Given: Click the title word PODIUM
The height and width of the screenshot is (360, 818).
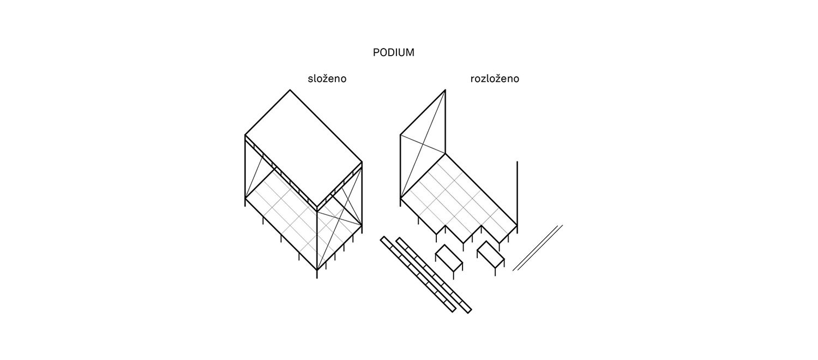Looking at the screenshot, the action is [393, 52].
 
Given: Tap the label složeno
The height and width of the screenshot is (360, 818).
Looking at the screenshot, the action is [327, 79].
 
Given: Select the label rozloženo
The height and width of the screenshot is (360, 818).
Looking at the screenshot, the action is [495, 79].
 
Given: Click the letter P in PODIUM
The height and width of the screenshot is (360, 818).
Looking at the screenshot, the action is [376, 52].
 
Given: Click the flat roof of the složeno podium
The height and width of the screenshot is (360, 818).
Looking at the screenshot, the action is [303, 148].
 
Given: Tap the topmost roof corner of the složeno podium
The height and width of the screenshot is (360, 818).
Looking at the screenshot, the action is [290, 90].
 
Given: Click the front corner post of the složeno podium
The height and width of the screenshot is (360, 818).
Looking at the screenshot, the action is [317, 243].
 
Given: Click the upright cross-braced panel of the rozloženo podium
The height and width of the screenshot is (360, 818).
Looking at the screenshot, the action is [423, 144].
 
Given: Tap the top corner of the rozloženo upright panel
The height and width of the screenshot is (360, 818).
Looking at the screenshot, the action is [445, 90].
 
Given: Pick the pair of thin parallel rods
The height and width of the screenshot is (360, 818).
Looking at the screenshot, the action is [538, 248].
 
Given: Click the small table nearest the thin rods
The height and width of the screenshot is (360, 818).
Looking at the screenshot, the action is [490, 255].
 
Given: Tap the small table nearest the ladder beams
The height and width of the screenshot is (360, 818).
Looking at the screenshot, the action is [449, 259].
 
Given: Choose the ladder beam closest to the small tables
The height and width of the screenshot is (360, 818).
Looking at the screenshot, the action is [434, 275].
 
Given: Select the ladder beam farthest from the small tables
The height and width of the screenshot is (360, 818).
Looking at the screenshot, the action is [418, 274].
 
